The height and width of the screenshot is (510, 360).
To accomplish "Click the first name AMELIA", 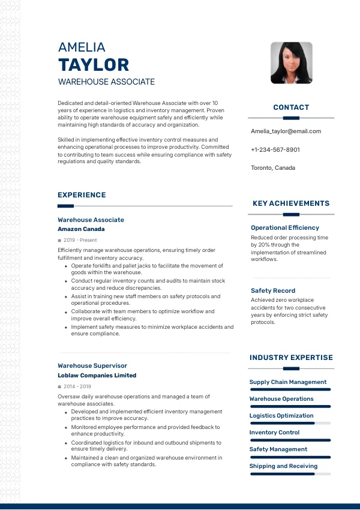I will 82,47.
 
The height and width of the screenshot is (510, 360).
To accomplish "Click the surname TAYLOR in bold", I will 94,65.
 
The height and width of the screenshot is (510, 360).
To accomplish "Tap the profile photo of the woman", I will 291,62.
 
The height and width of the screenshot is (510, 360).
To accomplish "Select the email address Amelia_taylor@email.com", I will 286,131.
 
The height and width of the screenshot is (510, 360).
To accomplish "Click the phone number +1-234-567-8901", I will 275,149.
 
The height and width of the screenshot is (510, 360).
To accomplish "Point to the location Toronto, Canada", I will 273,168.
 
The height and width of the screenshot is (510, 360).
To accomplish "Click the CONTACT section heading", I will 291,107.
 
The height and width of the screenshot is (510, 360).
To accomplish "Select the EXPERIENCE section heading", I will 82,195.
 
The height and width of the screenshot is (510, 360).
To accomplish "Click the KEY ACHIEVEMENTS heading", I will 291,203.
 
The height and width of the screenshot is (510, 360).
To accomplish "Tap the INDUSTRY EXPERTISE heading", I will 291,358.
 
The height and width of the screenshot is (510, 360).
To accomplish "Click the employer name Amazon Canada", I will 81,229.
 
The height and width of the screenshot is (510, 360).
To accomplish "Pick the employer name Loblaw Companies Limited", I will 97,376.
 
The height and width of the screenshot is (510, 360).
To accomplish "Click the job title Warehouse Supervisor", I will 92,365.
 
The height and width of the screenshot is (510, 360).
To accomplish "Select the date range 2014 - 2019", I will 77,386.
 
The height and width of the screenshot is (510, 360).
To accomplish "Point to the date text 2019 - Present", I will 80,240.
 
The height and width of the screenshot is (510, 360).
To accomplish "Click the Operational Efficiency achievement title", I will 285,228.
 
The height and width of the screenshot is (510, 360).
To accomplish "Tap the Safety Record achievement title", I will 273,291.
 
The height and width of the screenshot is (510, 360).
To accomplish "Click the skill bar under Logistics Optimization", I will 290,423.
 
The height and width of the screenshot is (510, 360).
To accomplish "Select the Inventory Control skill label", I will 274,433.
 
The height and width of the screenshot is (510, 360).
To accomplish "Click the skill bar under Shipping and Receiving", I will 290,473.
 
